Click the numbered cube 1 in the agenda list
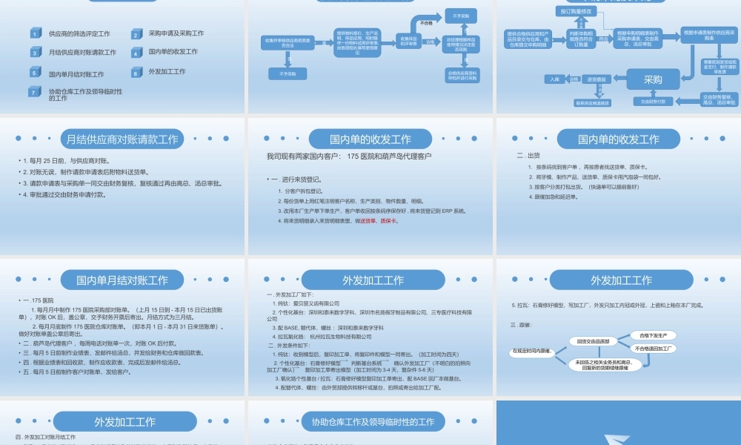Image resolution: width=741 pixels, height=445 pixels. click(36, 33)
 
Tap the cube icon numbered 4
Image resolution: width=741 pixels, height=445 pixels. click(136, 53)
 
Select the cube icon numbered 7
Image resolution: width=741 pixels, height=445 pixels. click(33, 92)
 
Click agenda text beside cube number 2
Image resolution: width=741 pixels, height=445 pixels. click(176, 33)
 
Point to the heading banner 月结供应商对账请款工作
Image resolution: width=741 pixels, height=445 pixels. click(122, 139)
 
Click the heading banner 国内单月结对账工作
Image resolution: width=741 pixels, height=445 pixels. click(122, 280)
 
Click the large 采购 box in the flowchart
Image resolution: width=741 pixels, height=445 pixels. click(653, 80)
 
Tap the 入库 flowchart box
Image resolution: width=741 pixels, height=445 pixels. click(555, 79)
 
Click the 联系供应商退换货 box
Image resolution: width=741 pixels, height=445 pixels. click(593, 102)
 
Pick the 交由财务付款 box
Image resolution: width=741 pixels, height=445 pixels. click(653, 101)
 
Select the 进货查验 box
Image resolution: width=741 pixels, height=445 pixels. click(597, 79)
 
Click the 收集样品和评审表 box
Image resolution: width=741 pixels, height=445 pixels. click(408, 41)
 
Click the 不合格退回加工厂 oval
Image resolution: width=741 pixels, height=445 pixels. click(654, 348)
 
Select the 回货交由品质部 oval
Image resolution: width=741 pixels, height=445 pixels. click(594, 341)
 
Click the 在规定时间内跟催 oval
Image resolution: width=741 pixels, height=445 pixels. click(532, 352)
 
